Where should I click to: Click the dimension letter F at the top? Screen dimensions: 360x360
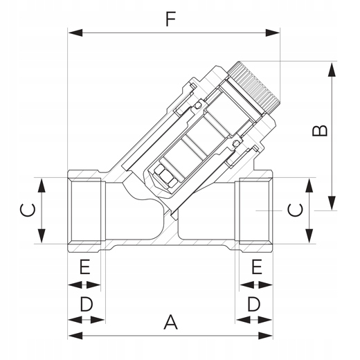[x=171, y=19]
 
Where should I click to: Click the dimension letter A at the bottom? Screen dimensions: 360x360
[x=171, y=322]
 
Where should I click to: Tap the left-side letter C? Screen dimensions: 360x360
[x=28, y=210]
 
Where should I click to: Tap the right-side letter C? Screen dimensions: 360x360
[x=295, y=210]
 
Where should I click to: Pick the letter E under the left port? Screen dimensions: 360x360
[x=84, y=267]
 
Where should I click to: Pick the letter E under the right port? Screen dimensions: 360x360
[x=257, y=267]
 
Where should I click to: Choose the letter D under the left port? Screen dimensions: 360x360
[x=87, y=304]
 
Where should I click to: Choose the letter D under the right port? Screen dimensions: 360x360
[x=254, y=304]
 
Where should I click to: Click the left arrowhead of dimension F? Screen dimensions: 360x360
[x=75, y=33]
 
